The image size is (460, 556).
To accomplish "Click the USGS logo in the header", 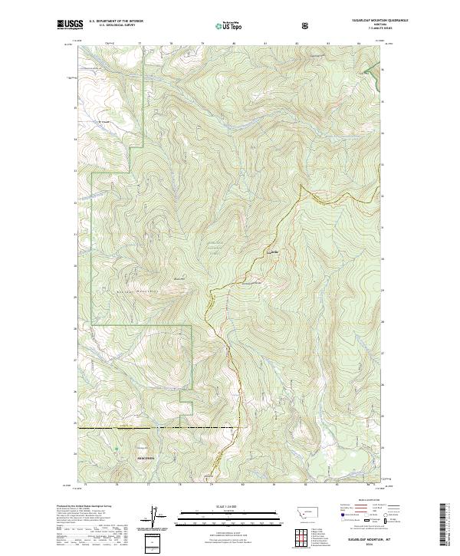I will click(x=67, y=25).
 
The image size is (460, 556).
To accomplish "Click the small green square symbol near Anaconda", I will click(x=117, y=449).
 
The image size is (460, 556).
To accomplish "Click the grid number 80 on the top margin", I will click(x=233, y=44).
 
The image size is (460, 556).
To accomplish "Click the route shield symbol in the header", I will click(x=305, y=25).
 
